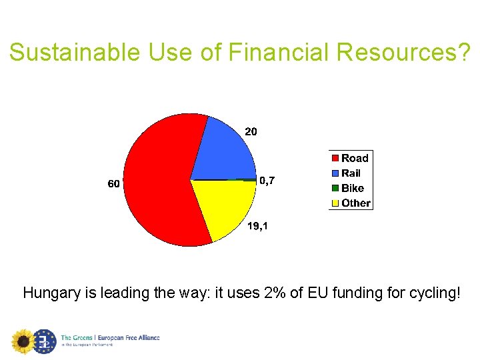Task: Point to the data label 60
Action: (114, 183)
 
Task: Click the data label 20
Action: (251, 132)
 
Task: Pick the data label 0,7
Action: (267, 180)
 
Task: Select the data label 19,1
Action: (257, 227)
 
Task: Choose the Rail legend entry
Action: (351, 173)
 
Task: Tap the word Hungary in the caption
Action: (49, 293)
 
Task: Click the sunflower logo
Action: (23, 341)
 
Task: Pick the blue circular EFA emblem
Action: (45, 341)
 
